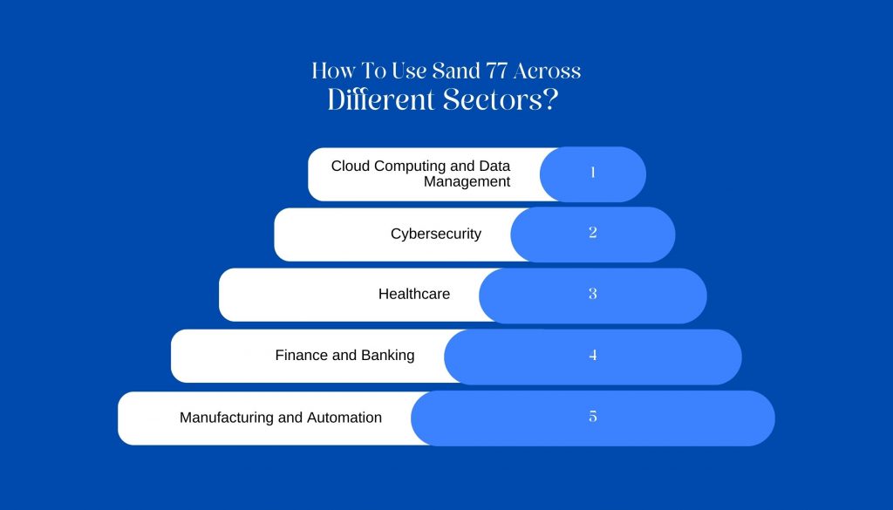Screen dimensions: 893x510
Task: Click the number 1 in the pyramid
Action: (x=593, y=172)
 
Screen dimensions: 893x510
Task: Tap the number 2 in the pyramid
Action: (x=593, y=232)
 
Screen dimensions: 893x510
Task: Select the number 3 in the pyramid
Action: (x=593, y=294)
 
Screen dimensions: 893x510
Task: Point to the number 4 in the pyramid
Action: (x=593, y=355)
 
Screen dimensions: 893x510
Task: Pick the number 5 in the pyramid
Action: (x=593, y=416)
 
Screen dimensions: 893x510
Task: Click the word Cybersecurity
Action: (x=436, y=234)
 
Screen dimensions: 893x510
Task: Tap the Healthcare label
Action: (x=414, y=294)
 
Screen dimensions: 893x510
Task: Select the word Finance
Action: (x=301, y=355)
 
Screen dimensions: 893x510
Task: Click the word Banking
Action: (x=387, y=356)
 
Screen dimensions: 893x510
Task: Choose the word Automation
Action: (x=344, y=418)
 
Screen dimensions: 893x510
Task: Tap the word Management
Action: (x=467, y=181)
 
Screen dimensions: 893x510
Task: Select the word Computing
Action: (x=410, y=167)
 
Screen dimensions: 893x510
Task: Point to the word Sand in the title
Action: (x=456, y=71)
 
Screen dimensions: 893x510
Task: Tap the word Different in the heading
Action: (x=381, y=99)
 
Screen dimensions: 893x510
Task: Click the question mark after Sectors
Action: (x=549, y=99)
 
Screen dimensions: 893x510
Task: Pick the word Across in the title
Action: (x=548, y=71)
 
